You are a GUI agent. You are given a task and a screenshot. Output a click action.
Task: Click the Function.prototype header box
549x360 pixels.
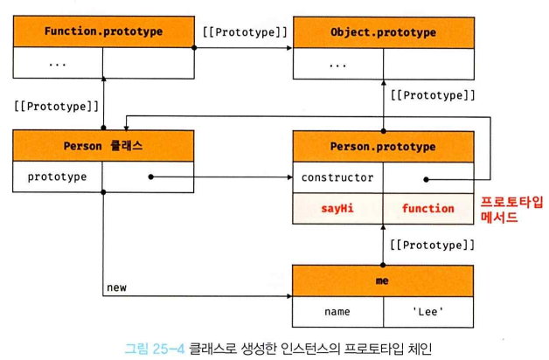click(x=103, y=32)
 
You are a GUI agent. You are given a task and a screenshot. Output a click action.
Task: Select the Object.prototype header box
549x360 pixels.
click(x=383, y=32)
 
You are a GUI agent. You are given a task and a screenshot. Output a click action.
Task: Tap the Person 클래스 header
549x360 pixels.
click(x=103, y=146)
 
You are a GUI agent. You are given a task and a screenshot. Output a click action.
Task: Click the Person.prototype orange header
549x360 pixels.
click(x=383, y=146)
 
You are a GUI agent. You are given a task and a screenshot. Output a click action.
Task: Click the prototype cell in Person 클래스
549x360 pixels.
click(x=58, y=177)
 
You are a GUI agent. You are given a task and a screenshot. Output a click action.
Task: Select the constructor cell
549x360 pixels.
click(x=337, y=177)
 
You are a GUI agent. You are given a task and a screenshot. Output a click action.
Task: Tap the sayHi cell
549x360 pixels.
click(x=337, y=208)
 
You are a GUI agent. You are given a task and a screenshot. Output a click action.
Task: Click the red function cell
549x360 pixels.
click(x=427, y=208)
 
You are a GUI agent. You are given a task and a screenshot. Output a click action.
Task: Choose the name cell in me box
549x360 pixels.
click(x=337, y=310)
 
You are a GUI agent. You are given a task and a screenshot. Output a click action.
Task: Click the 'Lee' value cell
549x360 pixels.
click(x=427, y=310)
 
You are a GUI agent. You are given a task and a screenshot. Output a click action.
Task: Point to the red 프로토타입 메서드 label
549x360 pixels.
click(x=512, y=210)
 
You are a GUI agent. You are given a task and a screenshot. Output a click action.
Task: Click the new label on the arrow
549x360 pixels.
click(x=116, y=287)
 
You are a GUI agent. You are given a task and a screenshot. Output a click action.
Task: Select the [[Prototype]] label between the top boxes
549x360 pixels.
click(x=244, y=32)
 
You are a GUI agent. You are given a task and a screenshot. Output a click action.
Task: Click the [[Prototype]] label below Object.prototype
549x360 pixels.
click(x=432, y=94)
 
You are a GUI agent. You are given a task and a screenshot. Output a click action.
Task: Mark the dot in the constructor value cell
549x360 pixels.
click(x=427, y=177)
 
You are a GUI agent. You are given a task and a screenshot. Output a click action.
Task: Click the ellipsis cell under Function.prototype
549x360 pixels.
click(x=58, y=63)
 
